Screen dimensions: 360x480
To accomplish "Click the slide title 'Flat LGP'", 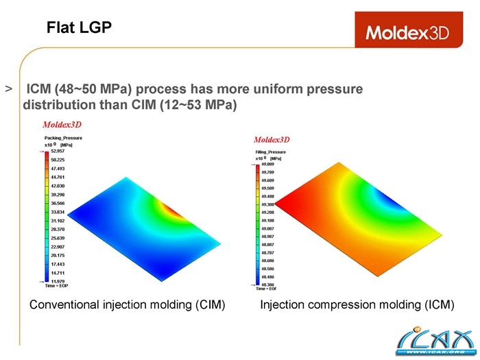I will (79, 27).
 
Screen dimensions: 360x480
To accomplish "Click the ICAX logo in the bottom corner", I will (434, 340).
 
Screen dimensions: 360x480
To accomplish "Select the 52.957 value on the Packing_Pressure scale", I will (58, 151).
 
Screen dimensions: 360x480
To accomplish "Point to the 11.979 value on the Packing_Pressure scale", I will (58, 280).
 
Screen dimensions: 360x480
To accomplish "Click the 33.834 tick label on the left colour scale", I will (58, 212).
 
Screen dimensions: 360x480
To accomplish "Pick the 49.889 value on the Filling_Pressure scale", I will (268, 165).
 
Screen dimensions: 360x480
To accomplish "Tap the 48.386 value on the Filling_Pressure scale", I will (268, 285).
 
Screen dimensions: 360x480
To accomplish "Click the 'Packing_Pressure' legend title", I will (63, 138).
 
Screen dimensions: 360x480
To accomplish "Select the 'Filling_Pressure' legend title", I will (271, 152).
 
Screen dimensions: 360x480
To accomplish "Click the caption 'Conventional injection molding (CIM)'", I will (128, 304).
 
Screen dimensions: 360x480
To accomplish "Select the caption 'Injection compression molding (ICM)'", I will (357, 304).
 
